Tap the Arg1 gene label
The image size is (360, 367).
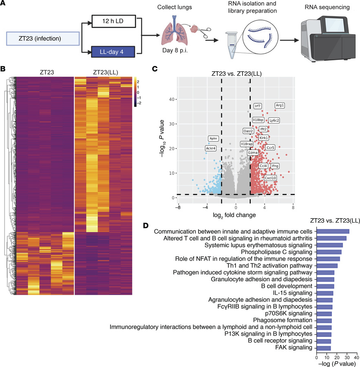tap(280, 105)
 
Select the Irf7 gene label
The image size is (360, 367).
tap(258, 106)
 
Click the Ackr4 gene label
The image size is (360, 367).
tap(211, 148)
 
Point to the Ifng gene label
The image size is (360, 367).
tap(275, 166)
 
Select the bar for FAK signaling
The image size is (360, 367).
tap(324, 348)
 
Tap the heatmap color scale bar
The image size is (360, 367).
tap(136, 91)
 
